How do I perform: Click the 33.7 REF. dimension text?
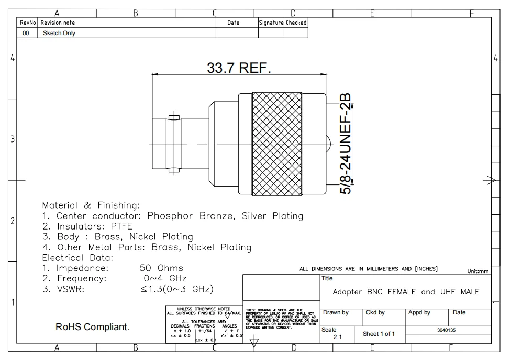tap(239, 68)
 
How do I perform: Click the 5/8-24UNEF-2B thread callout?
tap(346, 144)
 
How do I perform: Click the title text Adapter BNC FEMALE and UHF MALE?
tap(406, 292)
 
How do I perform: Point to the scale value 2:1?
tap(337, 337)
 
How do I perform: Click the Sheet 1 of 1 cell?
tap(379, 334)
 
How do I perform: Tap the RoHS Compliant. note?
tap(93, 327)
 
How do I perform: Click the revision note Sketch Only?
tap(59, 33)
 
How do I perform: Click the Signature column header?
tap(271, 23)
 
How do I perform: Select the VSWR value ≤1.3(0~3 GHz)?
tap(177, 289)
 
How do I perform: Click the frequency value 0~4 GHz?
tap(164, 278)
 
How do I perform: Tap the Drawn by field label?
tap(336, 313)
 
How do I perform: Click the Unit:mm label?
tap(477, 271)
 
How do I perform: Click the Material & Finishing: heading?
tap(91, 205)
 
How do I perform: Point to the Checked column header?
tap(296, 23)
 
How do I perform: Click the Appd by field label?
tap(419, 313)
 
